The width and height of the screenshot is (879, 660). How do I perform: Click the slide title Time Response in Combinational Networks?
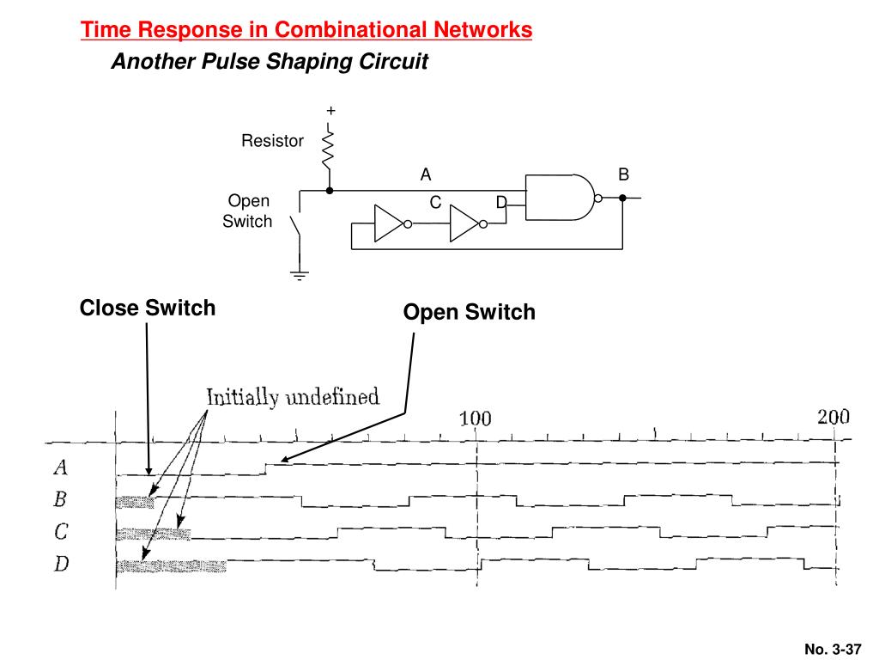point(306,30)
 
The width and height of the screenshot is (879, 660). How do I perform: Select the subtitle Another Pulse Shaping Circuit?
point(269,63)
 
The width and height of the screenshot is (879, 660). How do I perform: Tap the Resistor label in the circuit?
point(272,141)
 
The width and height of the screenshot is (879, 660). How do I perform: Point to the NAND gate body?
point(558,197)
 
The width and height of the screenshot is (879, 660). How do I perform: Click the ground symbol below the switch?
point(300,275)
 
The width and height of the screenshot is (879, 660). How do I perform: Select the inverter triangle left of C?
point(388,224)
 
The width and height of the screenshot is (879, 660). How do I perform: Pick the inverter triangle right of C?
point(464,224)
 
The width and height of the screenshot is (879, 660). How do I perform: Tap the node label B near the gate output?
point(624,174)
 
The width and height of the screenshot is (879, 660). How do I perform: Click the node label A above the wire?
point(425,174)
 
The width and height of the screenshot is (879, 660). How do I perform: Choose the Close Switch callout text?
point(148,308)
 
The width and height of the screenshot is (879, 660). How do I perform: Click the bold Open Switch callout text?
point(470,312)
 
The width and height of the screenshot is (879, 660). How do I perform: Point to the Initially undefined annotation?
point(292,397)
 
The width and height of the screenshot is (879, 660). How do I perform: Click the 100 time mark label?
point(475,419)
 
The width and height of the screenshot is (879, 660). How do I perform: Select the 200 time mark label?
point(833,418)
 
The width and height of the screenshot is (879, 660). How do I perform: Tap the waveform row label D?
point(61,565)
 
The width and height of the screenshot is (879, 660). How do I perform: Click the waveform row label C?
point(61,532)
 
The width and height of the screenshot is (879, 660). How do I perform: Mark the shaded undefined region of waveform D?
point(171,565)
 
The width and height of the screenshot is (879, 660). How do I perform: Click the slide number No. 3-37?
point(832,649)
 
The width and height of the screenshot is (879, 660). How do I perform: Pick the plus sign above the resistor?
point(330,111)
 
